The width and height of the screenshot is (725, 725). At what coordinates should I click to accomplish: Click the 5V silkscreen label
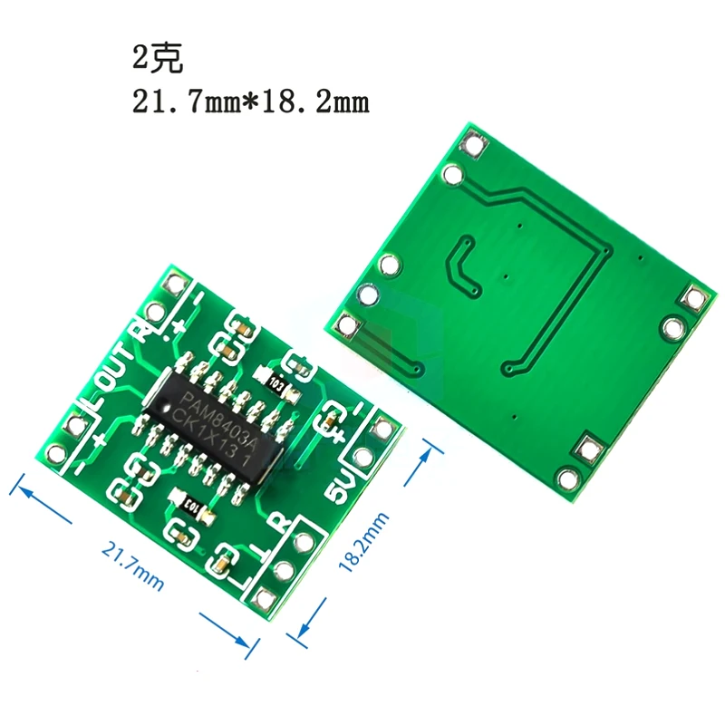[337, 488]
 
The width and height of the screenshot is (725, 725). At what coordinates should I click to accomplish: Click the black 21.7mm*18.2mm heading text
[251, 101]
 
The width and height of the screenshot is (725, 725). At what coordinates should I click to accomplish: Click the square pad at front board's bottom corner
[264, 598]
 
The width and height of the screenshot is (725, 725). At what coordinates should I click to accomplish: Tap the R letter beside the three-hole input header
[280, 525]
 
